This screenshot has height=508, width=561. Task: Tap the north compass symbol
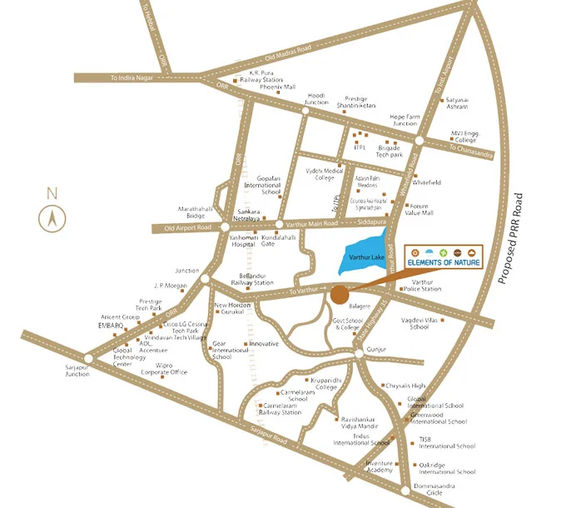tap(52, 218)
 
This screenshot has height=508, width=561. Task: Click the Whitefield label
tap(426, 182)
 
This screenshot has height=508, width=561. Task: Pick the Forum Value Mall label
tap(420, 209)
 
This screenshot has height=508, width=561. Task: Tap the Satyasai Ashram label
tap(458, 103)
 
